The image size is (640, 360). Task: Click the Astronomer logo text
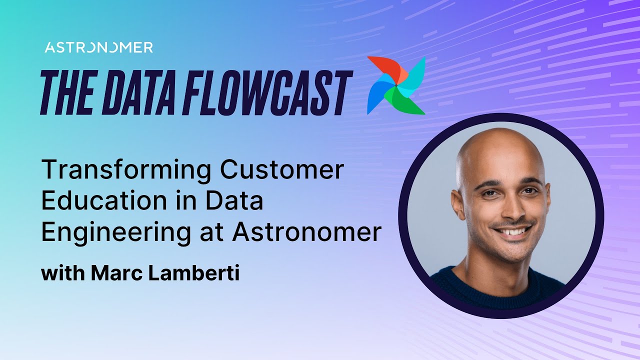(98, 47)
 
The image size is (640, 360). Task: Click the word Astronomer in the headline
(306, 232)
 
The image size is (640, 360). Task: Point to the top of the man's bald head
(500, 137)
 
